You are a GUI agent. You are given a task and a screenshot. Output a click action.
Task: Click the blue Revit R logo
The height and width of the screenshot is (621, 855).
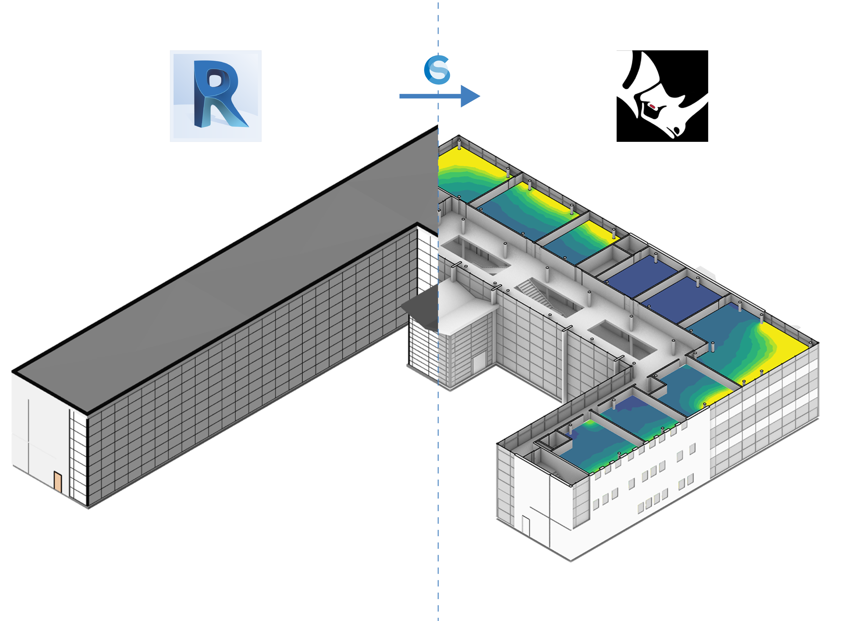(216, 96)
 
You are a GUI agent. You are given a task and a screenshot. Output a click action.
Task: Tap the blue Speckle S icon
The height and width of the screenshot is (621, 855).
(437, 70)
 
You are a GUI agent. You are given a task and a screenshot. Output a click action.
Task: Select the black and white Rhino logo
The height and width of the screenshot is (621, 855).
(662, 96)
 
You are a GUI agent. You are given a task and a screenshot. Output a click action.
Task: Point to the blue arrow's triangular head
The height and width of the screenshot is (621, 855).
(469, 96)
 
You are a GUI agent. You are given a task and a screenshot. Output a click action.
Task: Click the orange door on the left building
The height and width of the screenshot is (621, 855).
(58, 481)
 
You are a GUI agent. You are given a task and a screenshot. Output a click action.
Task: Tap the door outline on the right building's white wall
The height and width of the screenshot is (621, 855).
(526, 525)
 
